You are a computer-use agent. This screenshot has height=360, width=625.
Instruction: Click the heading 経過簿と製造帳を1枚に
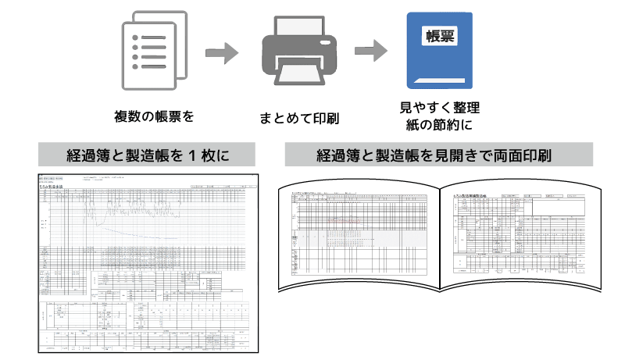pyautogui.click(x=148, y=154)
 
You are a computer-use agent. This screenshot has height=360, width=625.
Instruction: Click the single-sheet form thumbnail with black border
pyautogui.click(x=148, y=262)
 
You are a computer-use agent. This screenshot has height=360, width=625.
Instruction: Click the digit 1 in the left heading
pyautogui.click(x=193, y=154)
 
